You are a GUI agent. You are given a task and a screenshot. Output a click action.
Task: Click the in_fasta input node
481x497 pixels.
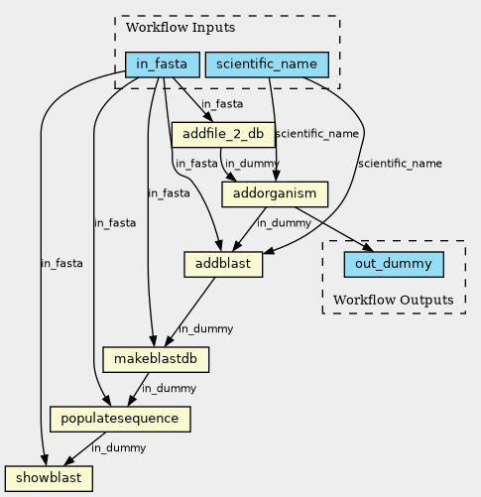[x=163, y=64]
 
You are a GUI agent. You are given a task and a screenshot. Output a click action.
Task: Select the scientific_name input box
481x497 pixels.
[x=267, y=64]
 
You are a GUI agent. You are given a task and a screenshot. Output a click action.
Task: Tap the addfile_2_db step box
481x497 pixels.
[x=223, y=135]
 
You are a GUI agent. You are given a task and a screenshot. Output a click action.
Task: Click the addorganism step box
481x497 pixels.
[x=275, y=194]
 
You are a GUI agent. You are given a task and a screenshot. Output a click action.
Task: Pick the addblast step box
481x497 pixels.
[x=223, y=265]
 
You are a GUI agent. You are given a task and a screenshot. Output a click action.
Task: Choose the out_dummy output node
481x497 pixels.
[x=394, y=264]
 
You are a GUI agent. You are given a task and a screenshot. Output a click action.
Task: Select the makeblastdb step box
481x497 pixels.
[x=156, y=359]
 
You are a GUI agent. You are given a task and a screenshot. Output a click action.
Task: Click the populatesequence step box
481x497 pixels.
[x=120, y=419]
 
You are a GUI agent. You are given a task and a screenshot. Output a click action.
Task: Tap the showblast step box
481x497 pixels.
[x=49, y=478]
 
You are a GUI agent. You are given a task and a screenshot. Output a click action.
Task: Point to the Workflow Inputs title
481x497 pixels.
[x=180, y=28]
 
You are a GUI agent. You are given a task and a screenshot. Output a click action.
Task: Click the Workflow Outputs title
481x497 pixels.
[x=394, y=301]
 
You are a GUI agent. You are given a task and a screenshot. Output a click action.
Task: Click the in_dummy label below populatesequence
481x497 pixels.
[x=119, y=448]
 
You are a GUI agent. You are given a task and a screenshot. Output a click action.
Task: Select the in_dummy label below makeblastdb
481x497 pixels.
[x=169, y=388]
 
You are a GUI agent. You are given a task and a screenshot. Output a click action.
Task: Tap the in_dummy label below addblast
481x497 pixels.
[x=205, y=329]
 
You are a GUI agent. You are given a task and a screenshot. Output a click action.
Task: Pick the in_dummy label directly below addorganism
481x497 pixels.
[x=284, y=223]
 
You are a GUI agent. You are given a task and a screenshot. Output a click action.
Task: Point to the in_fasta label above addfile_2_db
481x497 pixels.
[x=222, y=104]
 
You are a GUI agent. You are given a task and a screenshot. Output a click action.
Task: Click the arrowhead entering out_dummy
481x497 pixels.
[x=368, y=248]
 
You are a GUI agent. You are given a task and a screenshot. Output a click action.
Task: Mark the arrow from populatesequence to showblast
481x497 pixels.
[x=84, y=448]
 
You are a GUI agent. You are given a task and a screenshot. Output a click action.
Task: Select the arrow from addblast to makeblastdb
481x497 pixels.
[x=189, y=311]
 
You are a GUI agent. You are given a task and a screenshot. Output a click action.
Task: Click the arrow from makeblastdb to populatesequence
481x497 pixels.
[x=138, y=389]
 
